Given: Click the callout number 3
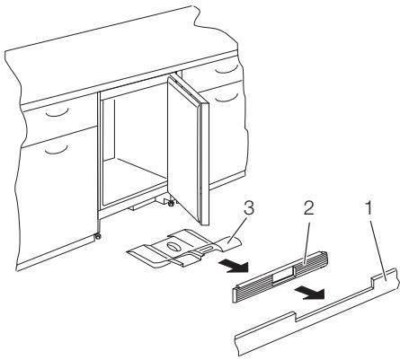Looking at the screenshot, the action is pyautogui.click(x=249, y=207).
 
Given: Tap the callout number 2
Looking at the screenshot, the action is pyautogui.click(x=309, y=207).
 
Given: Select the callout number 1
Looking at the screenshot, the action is pyautogui.click(x=369, y=207).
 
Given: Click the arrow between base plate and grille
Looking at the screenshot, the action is pyautogui.click(x=234, y=266).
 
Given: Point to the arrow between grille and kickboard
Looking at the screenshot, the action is pyautogui.click(x=309, y=292).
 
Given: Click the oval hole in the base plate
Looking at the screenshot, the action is pyautogui.click(x=173, y=246).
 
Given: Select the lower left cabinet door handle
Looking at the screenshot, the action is pyautogui.click(x=57, y=149).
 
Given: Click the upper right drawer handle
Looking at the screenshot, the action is pyautogui.click(x=227, y=69).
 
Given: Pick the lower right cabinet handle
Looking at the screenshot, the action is pyautogui.click(x=227, y=97).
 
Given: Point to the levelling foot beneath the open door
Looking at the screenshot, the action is pyautogui.click(x=171, y=203).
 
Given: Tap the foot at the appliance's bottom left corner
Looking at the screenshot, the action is pyautogui.click(x=97, y=237).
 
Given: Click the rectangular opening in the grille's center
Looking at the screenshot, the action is pyautogui.click(x=283, y=278).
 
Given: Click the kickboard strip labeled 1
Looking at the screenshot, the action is pyautogui.click(x=316, y=312).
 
